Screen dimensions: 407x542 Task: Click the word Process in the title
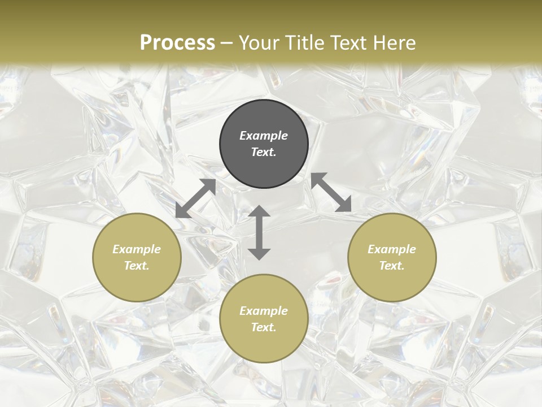coord(177,43)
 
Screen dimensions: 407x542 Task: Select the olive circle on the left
coord(137,257)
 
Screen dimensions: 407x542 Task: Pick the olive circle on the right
coord(392,257)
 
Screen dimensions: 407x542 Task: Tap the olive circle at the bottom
coord(264,319)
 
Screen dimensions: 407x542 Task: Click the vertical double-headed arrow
coord(259,232)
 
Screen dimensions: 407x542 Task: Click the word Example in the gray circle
coord(264,136)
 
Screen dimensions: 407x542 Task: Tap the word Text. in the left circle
coord(137,266)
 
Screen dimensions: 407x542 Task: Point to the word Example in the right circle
coord(392,249)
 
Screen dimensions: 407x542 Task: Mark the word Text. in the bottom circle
coord(264,327)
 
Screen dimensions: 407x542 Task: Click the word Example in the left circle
coord(137,249)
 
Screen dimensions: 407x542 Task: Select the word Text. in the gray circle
coord(264,152)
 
